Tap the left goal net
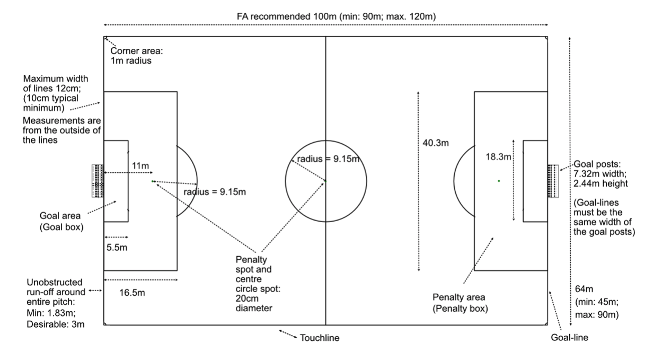coord(98,181)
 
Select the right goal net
coord(553,181)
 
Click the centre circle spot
coord(325,181)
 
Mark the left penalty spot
coord(153,181)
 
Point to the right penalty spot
coord(499,181)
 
